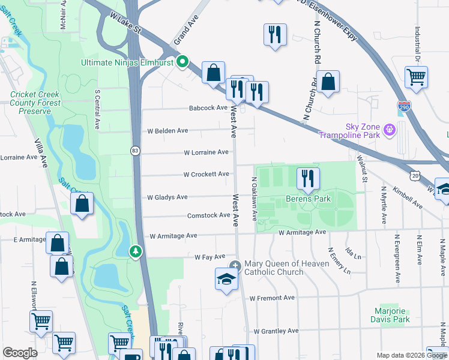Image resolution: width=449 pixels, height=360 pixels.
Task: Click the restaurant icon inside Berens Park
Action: coord(308,178)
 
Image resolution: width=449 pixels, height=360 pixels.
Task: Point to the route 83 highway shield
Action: coord(136,151)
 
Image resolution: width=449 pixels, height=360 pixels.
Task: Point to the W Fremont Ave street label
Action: coord(272,298)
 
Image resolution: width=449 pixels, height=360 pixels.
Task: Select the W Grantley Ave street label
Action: coord(276,331)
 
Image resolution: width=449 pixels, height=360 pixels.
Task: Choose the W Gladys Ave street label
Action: coord(167,197)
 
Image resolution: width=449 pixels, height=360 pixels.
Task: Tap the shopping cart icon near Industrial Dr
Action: coord(416,77)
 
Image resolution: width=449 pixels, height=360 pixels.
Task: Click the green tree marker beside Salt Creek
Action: coord(136,251)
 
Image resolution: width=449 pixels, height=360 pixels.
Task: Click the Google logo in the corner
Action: coord(20,353)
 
